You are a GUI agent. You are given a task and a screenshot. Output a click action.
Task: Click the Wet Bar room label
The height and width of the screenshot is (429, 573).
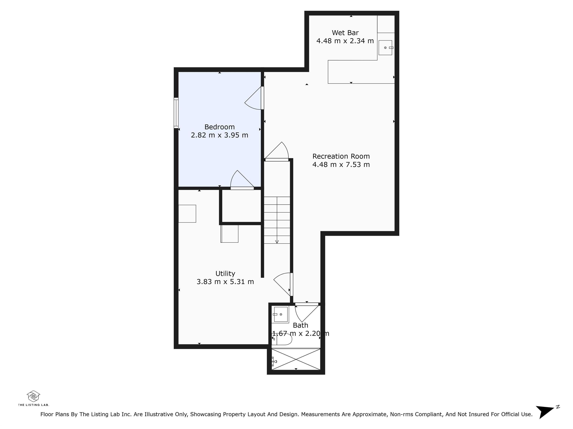tap(345, 33)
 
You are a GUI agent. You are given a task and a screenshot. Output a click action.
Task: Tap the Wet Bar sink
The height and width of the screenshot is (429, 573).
tap(386, 48)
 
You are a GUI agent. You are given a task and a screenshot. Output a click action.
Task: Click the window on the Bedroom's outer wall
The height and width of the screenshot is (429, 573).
tap(176, 113)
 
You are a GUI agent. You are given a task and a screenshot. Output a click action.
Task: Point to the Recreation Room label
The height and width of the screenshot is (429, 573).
tap(341, 156)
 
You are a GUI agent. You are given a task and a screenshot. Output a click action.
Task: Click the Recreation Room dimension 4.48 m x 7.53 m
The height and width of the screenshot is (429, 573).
tap(341, 164)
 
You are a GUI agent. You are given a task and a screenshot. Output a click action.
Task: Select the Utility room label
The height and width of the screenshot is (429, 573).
tap(225, 274)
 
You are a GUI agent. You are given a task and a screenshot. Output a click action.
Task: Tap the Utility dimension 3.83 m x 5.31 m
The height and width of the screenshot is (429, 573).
tap(225, 282)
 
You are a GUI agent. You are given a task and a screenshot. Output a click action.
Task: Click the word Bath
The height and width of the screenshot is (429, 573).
tap(300, 325)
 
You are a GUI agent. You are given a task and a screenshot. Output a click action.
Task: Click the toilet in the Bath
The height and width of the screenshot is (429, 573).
tap(282, 339)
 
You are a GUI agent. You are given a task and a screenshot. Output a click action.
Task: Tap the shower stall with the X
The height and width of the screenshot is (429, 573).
tap(296, 359)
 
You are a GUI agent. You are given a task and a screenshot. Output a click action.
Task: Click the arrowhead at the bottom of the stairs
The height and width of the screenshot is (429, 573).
tap(277, 242)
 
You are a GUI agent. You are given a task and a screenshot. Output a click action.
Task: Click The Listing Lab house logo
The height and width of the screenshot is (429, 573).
tap(33, 396)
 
